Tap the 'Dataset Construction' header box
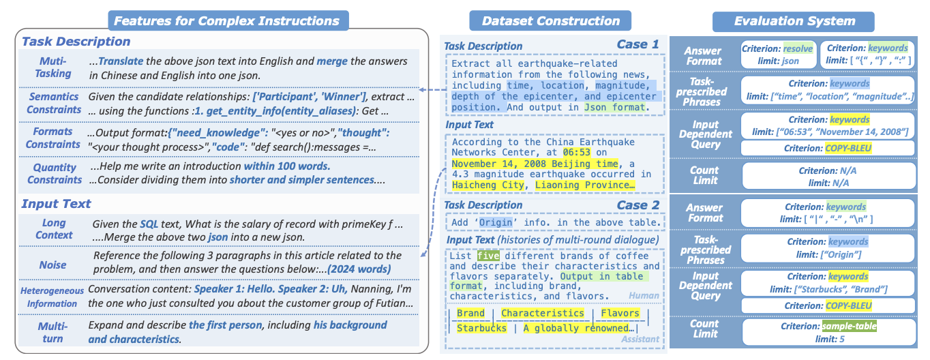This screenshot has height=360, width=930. (x=550, y=20)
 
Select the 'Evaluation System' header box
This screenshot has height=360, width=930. (x=794, y=20)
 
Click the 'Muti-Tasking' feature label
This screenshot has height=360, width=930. (x=53, y=67)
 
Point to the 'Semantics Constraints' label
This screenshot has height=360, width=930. (x=55, y=103)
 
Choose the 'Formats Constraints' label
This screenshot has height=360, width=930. (x=53, y=138)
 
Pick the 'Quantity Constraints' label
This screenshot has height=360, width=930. (x=55, y=173)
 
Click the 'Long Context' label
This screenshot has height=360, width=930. (x=55, y=228)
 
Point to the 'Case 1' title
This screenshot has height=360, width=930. (x=637, y=45)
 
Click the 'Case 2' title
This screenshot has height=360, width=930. (x=637, y=205)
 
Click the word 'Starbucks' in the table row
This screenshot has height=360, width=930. (x=481, y=328)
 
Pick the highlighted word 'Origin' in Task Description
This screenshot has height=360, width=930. (x=494, y=222)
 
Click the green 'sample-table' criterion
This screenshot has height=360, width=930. (x=850, y=327)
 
